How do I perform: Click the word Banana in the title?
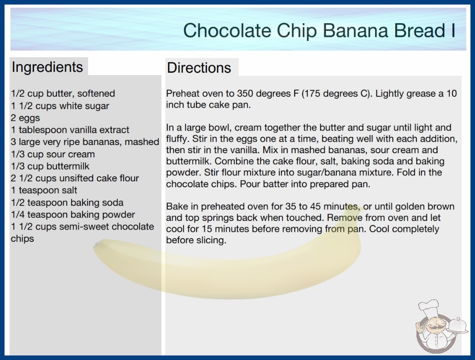click(x=355, y=30)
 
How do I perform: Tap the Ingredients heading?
click(x=47, y=67)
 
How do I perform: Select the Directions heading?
click(x=199, y=68)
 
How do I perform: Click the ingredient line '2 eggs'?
click(x=25, y=118)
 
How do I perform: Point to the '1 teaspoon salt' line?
click(x=44, y=190)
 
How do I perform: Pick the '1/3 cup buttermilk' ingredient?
click(x=50, y=166)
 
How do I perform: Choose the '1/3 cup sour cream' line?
click(x=53, y=154)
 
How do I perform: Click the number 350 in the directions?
click(x=246, y=94)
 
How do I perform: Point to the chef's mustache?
click(x=433, y=328)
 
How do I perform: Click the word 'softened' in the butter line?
click(x=96, y=94)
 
